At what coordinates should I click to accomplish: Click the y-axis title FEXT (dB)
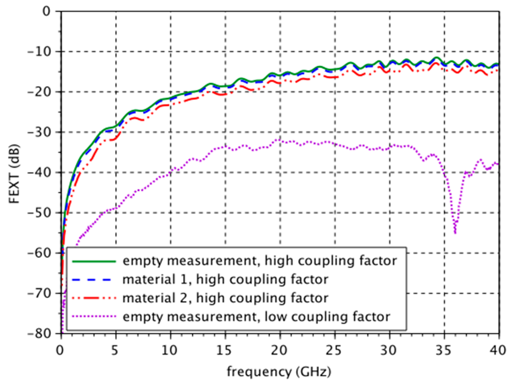(x=14, y=174)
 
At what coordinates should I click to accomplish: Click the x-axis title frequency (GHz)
(x=279, y=371)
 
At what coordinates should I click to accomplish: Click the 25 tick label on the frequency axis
(x=333, y=350)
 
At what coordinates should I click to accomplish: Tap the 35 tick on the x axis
(x=443, y=350)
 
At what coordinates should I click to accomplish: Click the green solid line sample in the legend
(x=94, y=261)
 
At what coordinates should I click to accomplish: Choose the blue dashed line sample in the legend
(x=94, y=280)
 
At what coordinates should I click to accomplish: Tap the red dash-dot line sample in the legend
(x=94, y=298)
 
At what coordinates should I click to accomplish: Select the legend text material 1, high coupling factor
(x=225, y=279)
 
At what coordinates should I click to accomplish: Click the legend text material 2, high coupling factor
(x=225, y=298)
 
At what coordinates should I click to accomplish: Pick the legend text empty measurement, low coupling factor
(x=256, y=317)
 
